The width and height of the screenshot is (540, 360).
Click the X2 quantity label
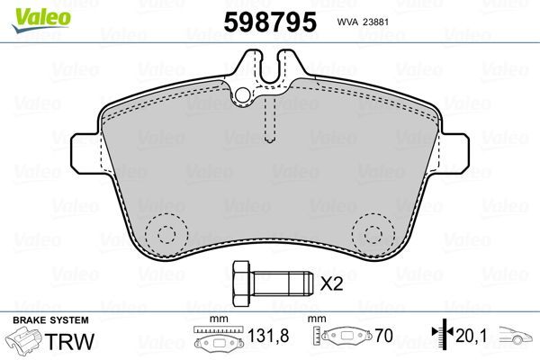[333, 284]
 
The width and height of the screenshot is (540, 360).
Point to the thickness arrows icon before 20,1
[439, 336]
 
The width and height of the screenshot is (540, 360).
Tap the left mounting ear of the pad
[85, 150]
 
